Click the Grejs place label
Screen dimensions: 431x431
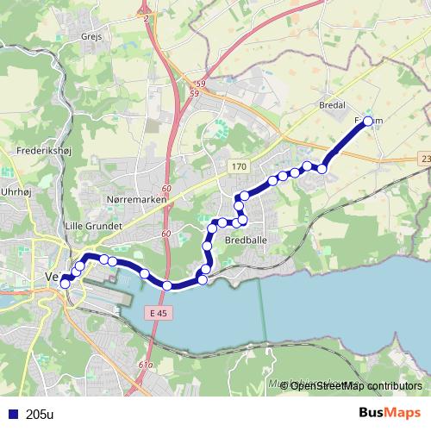click(x=91, y=38)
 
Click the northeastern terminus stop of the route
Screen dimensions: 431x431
click(x=368, y=122)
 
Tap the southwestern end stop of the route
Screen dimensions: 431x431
click(x=65, y=284)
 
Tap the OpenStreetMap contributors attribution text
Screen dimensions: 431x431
click(x=356, y=385)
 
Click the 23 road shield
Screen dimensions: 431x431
click(x=426, y=159)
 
